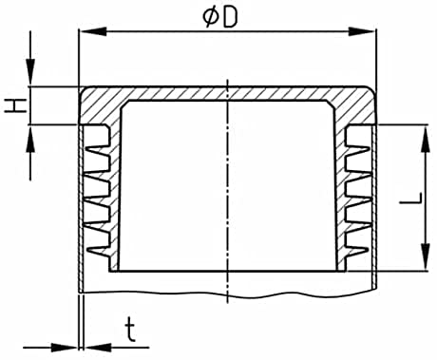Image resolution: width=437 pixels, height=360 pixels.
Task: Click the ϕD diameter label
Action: (x=219, y=17)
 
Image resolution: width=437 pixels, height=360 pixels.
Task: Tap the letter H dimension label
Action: (x=15, y=105)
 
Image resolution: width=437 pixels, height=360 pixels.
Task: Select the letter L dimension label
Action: (x=410, y=198)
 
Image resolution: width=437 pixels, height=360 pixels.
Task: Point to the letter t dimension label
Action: (x=130, y=331)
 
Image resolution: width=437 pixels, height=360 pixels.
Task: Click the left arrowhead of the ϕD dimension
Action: (x=92, y=31)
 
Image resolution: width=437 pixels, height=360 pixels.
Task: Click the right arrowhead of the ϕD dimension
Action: (x=362, y=31)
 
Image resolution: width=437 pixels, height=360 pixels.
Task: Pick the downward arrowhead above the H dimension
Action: (x=30, y=72)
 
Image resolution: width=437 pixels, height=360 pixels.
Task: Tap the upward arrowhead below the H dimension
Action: (x=30, y=139)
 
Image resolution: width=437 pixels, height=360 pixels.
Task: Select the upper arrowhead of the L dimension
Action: (x=427, y=139)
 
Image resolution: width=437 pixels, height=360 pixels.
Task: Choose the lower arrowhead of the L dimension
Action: (x=427, y=257)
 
